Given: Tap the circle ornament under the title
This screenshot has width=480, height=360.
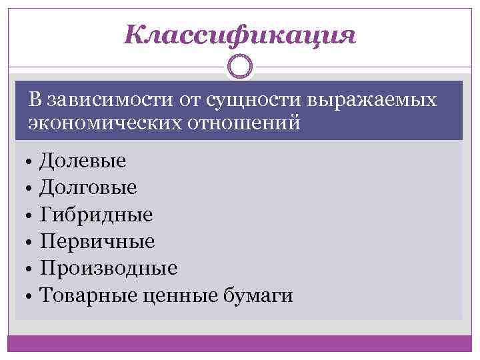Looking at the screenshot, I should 240,66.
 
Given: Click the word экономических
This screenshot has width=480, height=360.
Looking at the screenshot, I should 99,123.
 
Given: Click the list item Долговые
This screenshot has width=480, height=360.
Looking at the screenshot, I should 88,187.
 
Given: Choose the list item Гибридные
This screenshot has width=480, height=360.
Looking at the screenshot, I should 96,214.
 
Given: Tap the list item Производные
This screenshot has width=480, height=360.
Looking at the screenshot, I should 108,268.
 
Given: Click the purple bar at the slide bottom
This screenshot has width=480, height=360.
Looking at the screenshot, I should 240,343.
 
